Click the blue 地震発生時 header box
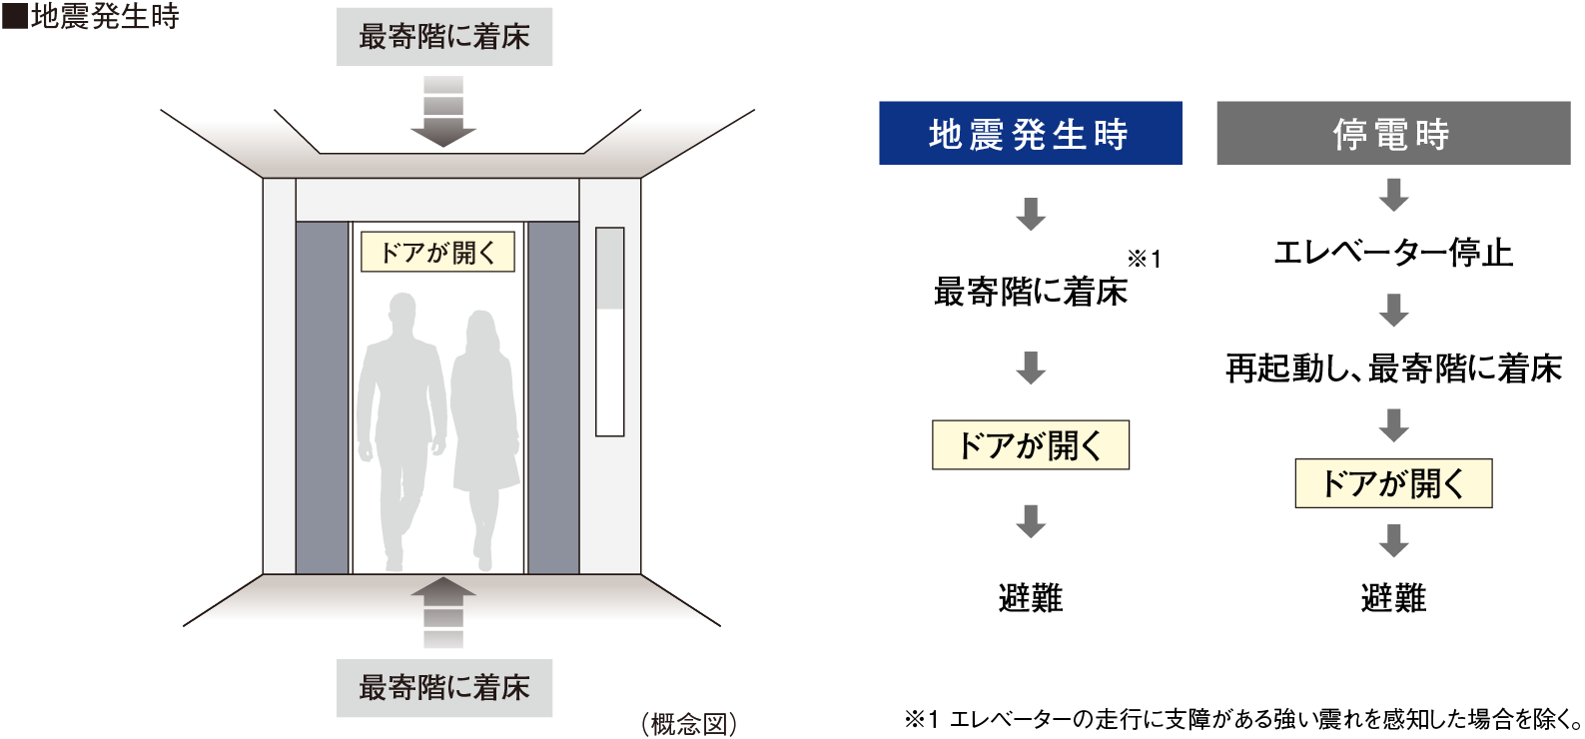(1030, 133)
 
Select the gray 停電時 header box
(1392, 133)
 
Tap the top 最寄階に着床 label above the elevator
(444, 38)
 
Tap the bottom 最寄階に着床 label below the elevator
(444, 688)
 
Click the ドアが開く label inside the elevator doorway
(437, 252)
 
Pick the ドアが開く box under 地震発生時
(1030, 445)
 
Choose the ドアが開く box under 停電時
(1392, 483)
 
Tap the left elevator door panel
(322, 397)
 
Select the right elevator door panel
(552, 397)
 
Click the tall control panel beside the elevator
(609, 332)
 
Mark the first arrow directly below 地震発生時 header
(1030, 214)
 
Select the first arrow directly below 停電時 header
(1393, 195)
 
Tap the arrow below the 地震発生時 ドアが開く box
(1030, 520)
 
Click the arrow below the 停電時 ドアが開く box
(1393, 540)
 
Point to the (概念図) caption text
(689, 724)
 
